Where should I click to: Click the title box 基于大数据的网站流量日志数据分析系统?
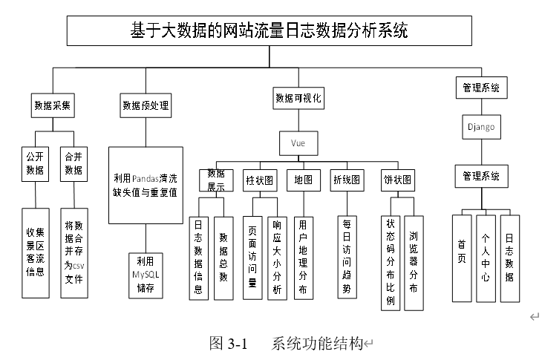(270, 30)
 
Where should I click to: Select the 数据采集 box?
(53, 105)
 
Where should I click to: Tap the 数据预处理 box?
(146, 105)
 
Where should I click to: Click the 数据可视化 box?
(298, 98)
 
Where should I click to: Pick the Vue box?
(298, 143)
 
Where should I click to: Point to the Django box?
(481, 127)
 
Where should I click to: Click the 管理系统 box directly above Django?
(481, 88)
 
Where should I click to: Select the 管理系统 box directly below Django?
(481, 176)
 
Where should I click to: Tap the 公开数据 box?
(35, 164)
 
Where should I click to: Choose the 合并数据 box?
(74, 164)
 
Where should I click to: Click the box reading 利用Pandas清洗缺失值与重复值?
(146, 185)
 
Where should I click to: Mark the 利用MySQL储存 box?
(146, 275)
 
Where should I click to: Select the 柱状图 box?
(260, 180)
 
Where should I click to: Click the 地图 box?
(304, 180)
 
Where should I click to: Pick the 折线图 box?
(347, 180)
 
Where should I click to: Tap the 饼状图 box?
(397, 180)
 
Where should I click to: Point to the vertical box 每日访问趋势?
(347, 257)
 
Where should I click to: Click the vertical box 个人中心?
(486, 258)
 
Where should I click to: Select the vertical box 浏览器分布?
(414, 264)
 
